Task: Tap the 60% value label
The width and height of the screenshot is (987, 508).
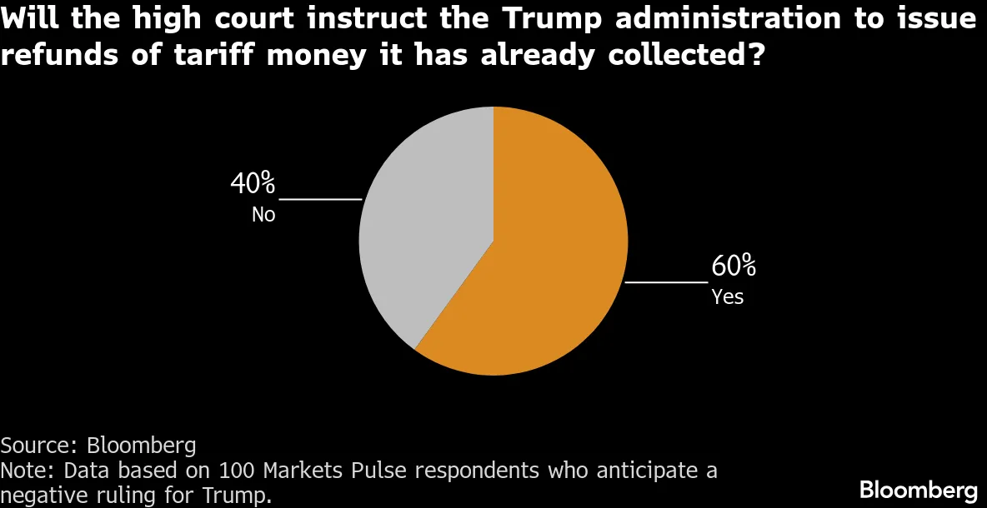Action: (x=733, y=267)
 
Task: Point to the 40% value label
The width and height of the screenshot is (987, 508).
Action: (x=253, y=183)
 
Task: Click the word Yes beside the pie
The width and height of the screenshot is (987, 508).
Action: (x=727, y=296)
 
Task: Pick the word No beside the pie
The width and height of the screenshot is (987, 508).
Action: (x=263, y=215)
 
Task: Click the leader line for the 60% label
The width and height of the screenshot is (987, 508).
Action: (x=665, y=283)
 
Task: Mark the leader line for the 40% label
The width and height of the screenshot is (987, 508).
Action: (x=320, y=200)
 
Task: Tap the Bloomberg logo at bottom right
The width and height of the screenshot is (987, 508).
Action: (x=918, y=489)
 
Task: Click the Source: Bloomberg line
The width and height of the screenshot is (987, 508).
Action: (x=98, y=444)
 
